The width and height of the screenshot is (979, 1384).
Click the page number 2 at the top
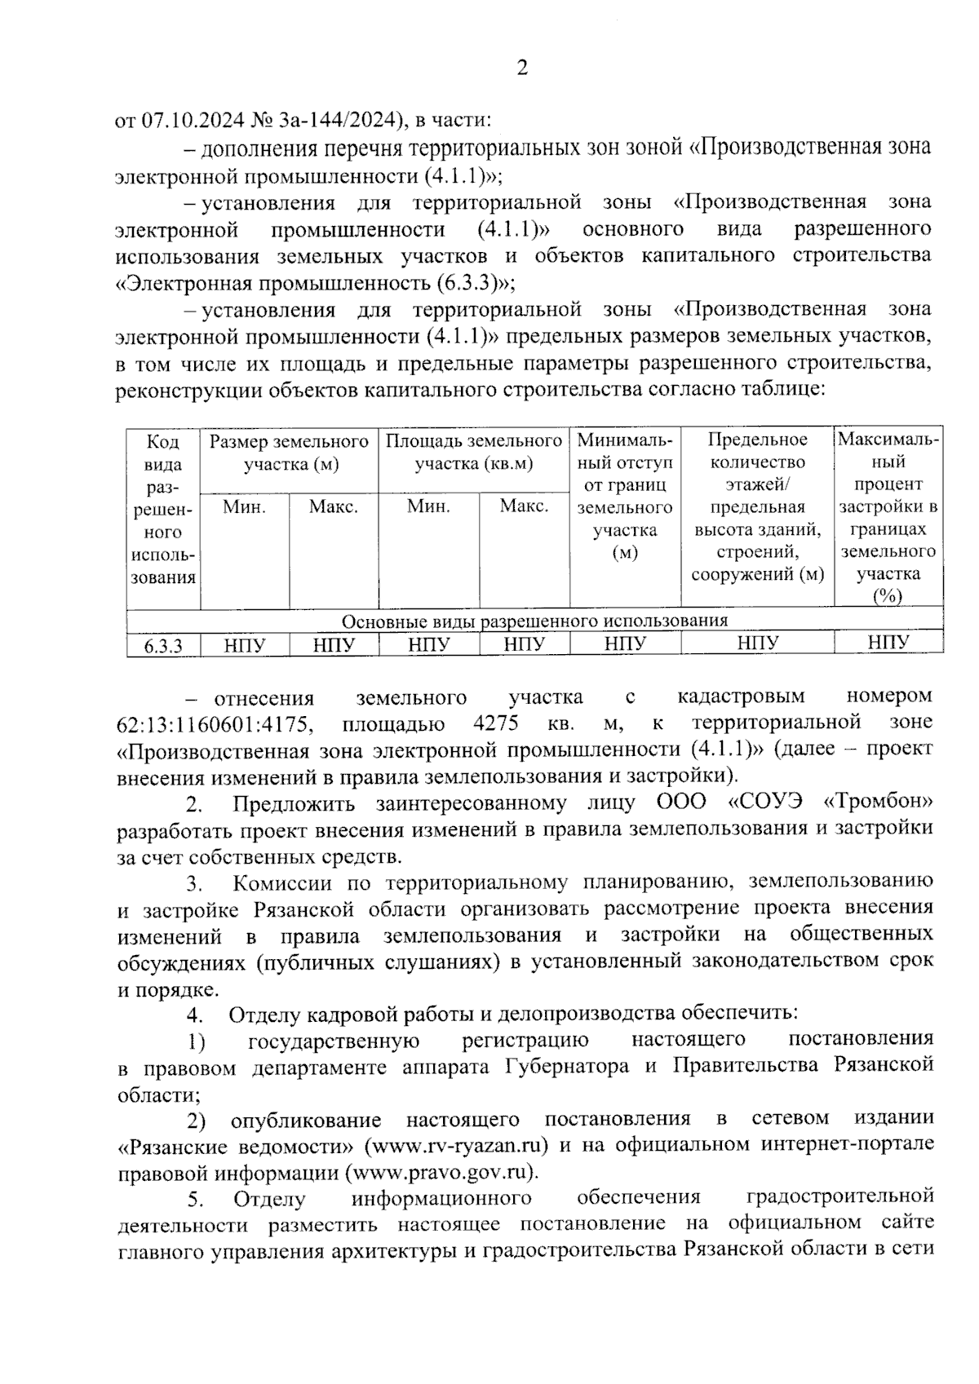coord(522,67)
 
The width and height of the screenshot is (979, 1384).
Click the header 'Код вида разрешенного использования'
coord(163,509)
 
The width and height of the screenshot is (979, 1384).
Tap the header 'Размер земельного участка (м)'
coord(290,453)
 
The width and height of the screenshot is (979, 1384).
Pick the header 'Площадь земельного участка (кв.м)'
coord(473,453)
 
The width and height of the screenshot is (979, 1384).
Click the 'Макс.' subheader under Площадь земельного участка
coord(523,506)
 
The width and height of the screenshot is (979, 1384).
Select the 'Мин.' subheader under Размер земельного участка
coord(245,506)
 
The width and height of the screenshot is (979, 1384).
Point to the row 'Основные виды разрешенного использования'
coord(534,621)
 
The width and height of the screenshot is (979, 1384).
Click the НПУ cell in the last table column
coord(888,643)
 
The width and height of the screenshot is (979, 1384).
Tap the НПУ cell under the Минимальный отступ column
coord(625,644)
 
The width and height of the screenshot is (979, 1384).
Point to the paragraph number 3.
coord(194,883)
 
